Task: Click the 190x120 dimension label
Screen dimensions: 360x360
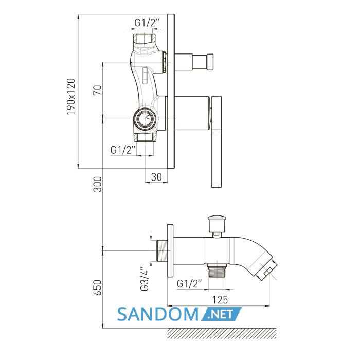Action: (71, 97)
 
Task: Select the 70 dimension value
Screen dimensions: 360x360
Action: (97, 90)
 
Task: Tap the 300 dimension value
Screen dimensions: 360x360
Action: (97, 184)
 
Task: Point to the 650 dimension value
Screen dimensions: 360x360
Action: (97, 287)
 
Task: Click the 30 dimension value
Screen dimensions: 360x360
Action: (156, 177)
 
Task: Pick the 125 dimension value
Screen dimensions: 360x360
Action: (220, 300)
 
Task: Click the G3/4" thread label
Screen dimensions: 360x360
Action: (145, 279)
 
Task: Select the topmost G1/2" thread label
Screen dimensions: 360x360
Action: (147, 23)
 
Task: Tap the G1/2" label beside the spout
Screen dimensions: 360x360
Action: (189, 284)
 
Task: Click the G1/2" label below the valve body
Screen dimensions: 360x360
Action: (123, 150)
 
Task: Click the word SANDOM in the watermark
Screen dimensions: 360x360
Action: (158, 314)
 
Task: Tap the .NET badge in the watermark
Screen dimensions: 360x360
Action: (221, 314)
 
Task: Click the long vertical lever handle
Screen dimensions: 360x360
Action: (217, 141)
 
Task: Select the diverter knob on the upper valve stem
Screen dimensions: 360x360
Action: (210, 62)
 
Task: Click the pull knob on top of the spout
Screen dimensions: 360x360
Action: (217, 223)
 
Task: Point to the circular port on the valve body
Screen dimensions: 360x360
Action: (145, 119)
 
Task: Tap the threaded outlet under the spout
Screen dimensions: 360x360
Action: (217, 271)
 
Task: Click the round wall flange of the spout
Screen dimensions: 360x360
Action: (170, 251)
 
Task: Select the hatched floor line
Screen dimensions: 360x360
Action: (222, 333)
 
